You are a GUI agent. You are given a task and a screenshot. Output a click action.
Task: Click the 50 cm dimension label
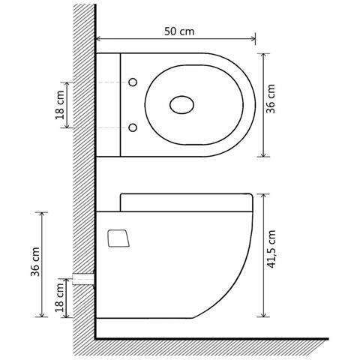point(179,31)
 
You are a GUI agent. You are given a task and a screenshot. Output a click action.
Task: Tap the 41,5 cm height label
point(271,249)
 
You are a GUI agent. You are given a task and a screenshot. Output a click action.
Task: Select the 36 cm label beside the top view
point(270,99)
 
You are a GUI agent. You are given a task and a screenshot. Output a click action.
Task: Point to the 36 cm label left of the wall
point(35,262)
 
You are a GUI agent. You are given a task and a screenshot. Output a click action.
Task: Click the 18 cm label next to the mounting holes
point(60,105)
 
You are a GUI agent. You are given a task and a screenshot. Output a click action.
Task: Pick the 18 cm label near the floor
point(60,298)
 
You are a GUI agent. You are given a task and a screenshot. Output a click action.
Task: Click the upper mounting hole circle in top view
point(133,82)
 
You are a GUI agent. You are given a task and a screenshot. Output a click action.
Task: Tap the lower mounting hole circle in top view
point(133,127)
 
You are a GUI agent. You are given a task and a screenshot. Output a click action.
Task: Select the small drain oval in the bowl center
point(181,105)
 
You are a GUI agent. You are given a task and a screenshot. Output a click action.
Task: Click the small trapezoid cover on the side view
point(118,238)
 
